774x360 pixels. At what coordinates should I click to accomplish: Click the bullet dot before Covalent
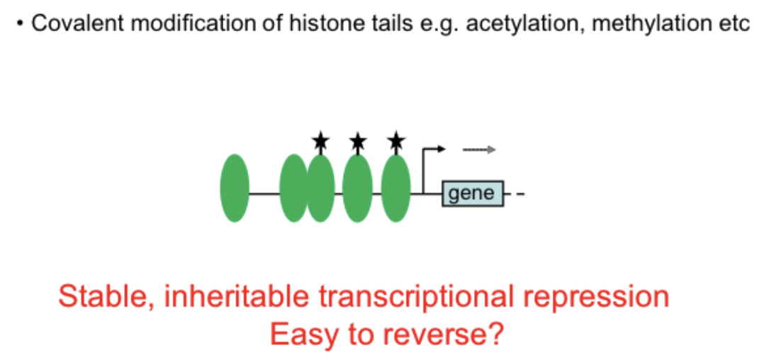click(x=22, y=23)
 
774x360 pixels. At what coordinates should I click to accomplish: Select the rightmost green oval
click(x=396, y=187)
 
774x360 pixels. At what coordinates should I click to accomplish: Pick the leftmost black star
click(x=320, y=142)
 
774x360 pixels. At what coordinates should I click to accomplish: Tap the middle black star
click(x=358, y=142)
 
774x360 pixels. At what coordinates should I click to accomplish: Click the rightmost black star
click(x=396, y=142)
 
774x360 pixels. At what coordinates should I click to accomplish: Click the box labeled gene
click(x=473, y=193)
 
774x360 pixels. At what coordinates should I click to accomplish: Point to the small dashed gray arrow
click(x=478, y=150)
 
